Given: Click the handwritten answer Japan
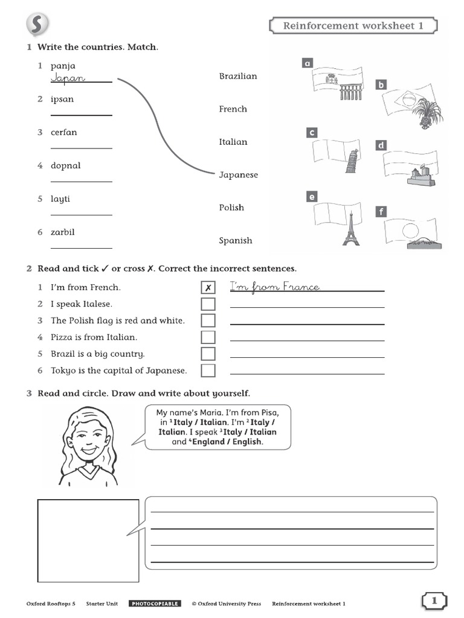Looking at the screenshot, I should coord(68,78).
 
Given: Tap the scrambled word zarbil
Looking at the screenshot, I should coord(63,232).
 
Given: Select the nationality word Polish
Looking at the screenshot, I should coord(231,208).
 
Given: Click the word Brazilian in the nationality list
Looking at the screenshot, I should coord(238,76).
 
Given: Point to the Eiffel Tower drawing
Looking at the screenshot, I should coord(350,229).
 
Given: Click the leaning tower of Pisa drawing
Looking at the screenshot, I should coord(352,161).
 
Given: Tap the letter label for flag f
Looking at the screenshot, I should coord(381,212).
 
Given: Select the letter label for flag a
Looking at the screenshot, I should coord(307,63).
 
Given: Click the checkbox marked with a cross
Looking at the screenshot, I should coord(208,288).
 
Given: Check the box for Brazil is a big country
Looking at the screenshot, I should coord(208,354).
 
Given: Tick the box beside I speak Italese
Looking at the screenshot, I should coord(208,304).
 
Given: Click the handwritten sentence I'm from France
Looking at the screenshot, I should coord(275,287).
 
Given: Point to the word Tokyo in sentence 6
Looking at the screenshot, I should coord(63,371).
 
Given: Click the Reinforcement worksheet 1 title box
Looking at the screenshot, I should coord(353,26).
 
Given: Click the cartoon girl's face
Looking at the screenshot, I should coord(88,436).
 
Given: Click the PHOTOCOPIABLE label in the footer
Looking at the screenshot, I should coord(155,604).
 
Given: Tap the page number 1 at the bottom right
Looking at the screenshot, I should coord(434,600).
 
